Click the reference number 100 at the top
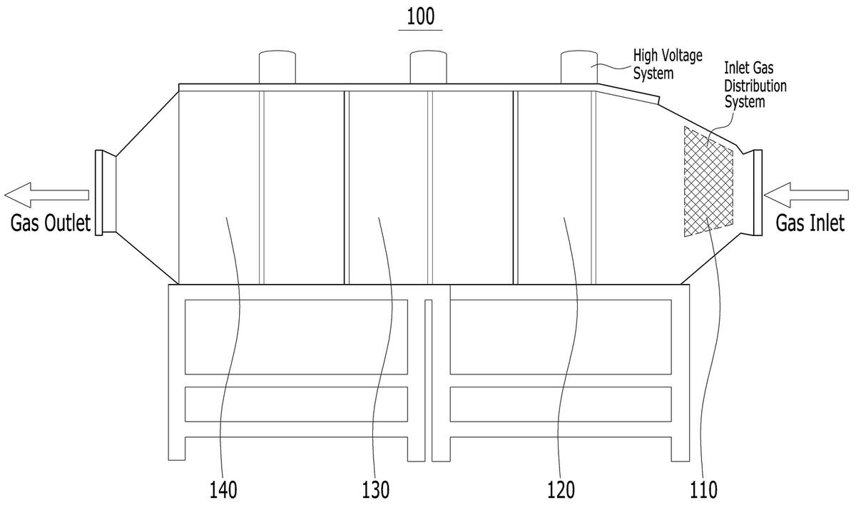[x=420, y=17]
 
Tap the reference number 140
[x=223, y=490]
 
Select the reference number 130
[x=376, y=490]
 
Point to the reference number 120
[x=561, y=490]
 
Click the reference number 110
[x=704, y=490]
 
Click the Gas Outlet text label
[x=51, y=223]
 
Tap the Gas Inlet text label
[x=810, y=223]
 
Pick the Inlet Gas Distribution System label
[x=755, y=85]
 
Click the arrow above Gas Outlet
[x=46, y=195]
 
